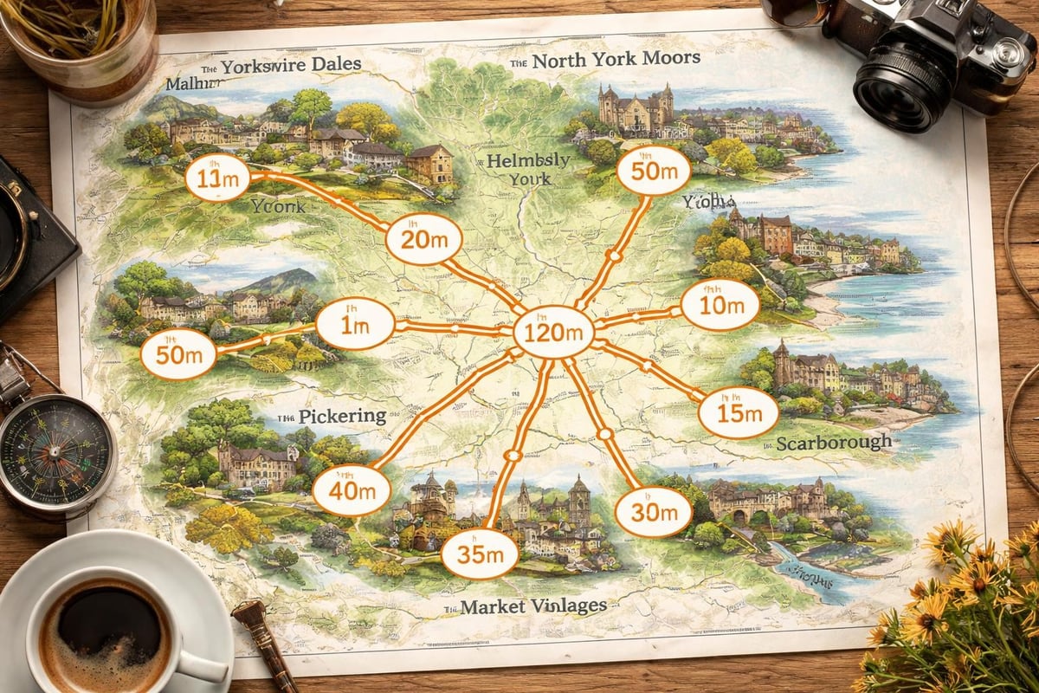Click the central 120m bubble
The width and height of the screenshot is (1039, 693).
[553, 331]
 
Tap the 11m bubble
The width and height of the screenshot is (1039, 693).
[218, 178]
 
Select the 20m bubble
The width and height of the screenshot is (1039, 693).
[423, 237]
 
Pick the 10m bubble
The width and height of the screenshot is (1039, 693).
[720, 305]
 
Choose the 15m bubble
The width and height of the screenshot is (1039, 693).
[738, 412]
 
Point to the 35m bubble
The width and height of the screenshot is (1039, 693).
[480, 553]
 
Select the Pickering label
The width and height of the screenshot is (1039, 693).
[341, 416]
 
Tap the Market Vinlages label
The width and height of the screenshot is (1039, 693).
[532, 606]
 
